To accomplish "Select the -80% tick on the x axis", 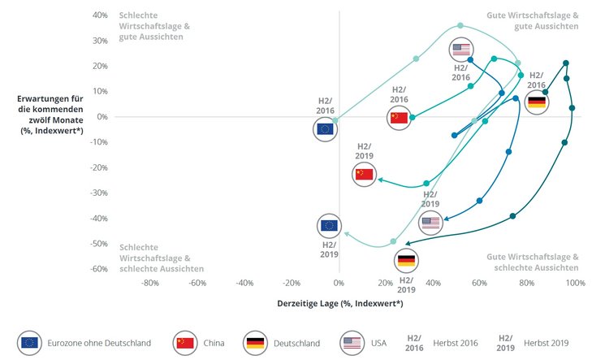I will click(x=150, y=283).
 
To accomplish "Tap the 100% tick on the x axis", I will click(x=575, y=283).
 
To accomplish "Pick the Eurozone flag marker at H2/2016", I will click(x=326, y=128).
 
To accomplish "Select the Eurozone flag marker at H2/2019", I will click(x=330, y=226).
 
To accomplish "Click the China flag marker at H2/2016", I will click(x=398, y=117).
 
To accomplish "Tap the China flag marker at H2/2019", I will click(x=364, y=174).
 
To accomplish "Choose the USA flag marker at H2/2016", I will click(x=461, y=50).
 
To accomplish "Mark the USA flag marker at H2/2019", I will click(x=430, y=223).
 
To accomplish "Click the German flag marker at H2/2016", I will click(x=537, y=102).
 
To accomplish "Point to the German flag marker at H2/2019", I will click(x=407, y=261).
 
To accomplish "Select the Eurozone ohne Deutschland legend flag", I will click(x=30, y=343).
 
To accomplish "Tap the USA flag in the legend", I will click(x=352, y=343).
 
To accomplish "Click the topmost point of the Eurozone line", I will click(x=460, y=25).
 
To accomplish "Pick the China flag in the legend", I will click(x=185, y=343).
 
